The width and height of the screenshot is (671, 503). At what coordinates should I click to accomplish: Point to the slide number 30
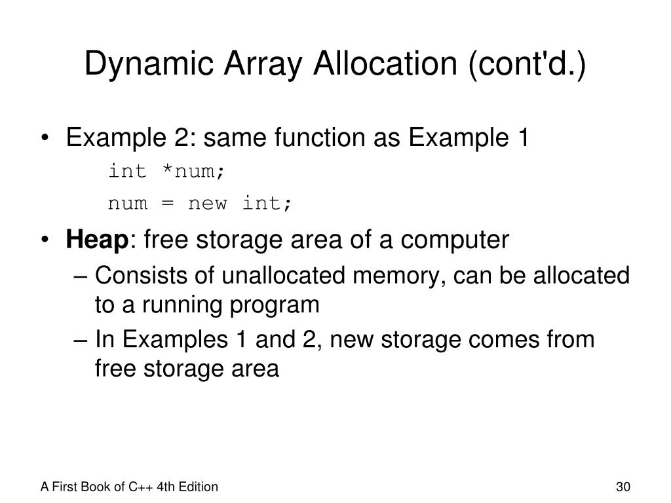tap(623, 487)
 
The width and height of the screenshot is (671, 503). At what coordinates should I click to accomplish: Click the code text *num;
tap(194, 172)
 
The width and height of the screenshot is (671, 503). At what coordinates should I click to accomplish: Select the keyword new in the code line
tap(207, 204)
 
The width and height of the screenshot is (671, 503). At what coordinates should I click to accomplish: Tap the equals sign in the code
tap(167, 204)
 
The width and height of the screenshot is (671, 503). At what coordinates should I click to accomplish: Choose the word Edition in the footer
tap(199, 487)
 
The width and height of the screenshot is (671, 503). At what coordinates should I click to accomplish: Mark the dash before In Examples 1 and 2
tap(83, 340)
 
